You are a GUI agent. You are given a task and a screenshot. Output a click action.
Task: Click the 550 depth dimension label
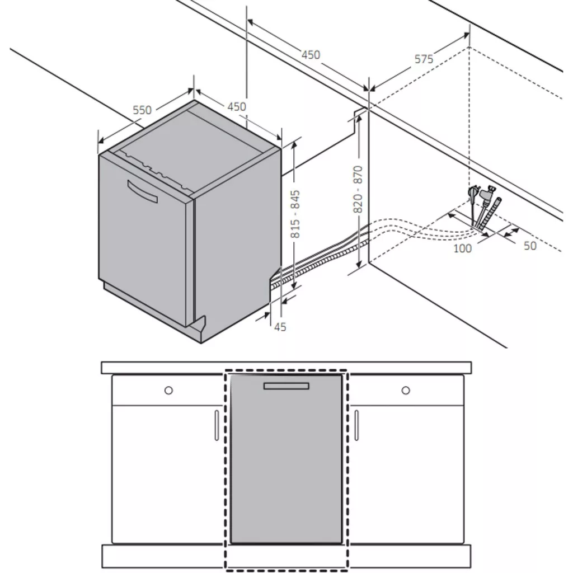click(142, 110)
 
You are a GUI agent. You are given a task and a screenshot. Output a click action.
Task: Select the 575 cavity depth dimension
click(424, 59)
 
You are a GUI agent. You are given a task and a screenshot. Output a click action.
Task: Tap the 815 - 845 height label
click(295, 214)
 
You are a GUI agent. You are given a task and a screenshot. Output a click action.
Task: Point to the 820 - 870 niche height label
click(358, 189)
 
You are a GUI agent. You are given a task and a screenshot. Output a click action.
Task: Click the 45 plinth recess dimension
click(280, 327)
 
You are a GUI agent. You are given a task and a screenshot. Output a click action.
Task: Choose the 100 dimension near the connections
click(462, 248)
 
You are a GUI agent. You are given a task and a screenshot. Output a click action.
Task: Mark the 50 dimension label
click(530, 246)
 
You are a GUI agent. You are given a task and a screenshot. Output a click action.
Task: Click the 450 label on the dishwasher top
click(237, 106)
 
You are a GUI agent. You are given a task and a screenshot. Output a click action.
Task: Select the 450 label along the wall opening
click(311, 54)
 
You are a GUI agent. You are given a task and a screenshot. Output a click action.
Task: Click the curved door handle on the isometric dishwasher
click(142, 191)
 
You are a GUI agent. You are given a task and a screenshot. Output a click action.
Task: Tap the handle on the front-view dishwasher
click(286, 386)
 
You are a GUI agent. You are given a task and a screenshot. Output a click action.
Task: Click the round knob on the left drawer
click(168, 390)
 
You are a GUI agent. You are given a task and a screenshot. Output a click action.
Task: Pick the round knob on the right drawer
click(406, 390)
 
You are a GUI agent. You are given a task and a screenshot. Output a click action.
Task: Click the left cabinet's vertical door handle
click(217, 425)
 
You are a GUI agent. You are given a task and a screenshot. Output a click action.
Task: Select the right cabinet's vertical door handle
click(356, 425)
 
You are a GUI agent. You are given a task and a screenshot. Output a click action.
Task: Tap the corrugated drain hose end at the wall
click(492, 214)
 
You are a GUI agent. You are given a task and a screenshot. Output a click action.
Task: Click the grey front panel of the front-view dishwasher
click(286, 459)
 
